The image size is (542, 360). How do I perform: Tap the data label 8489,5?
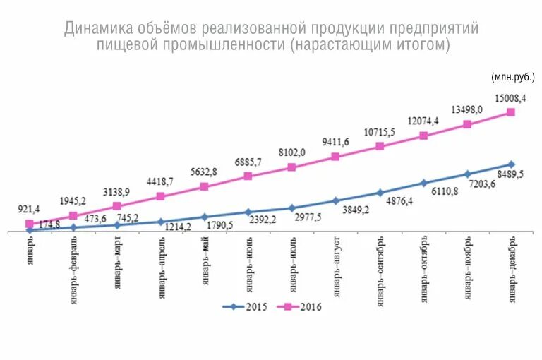pyautogui.click(x=509, y=176)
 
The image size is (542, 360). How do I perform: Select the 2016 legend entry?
pyautogui.click(x=301, y=306)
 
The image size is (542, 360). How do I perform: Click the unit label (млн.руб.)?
pyautogui.click(x=512, y=76)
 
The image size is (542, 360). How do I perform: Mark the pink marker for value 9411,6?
pyautogui.click(x=336, y=156)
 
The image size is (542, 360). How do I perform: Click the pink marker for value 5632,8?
pyautogui.click(x=204, y=186)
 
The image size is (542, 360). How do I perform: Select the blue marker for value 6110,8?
pyautogui.click(x=423, y=183)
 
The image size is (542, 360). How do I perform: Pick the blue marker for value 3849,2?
pyautogui.click(x=336, y=200)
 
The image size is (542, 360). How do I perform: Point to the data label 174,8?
pyautogui.click(x=49, y=224)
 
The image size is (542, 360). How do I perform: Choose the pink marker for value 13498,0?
pyautogui.click(x=467, y=124)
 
